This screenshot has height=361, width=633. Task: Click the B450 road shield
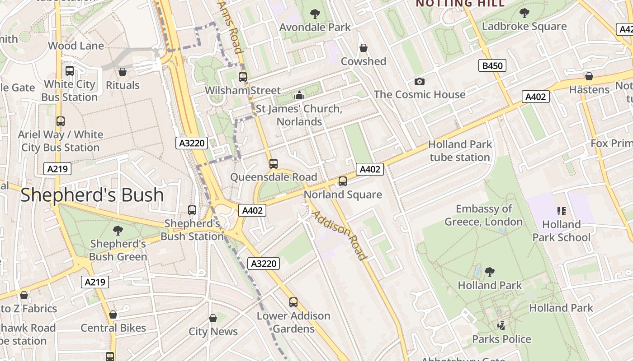(492, 66)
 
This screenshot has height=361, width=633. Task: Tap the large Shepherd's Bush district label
(92, 195)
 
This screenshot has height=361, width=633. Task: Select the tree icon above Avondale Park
(315, 14)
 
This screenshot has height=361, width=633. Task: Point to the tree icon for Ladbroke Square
(524, 13)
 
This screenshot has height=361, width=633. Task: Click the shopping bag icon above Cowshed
(363, 48)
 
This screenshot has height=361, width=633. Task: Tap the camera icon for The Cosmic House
(420, 81)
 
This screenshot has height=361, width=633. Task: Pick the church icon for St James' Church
(299, 96)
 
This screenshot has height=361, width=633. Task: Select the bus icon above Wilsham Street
(243, 77)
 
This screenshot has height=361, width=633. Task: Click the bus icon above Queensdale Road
(273, 164)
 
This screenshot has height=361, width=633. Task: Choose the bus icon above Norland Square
(343, 181)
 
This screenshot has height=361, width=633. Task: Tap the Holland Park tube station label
(460, 151)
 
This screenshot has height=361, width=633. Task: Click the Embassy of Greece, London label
(484, 215)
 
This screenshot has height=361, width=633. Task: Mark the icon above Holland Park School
(561, 211)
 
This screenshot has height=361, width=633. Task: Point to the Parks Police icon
(501, 325)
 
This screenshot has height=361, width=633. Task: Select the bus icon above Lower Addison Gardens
(293, 302)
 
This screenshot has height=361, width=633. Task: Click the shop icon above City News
(213, 318)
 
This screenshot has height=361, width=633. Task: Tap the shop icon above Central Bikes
(113, 315)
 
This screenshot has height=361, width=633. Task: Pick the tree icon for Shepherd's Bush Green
(118, 231)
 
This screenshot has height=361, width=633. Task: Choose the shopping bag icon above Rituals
(122, 72)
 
